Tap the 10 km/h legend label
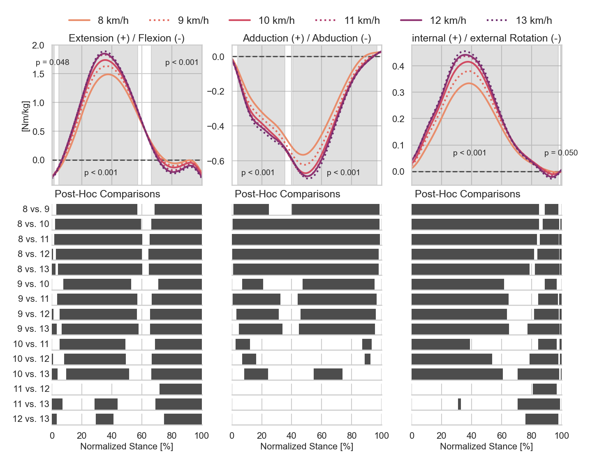coord(276,20)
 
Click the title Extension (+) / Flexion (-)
coord(127,38)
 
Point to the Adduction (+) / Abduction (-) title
coord(307,38)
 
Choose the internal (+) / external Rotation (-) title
coord(486,38)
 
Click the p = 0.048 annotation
coord(53,63)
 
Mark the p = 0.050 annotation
coord(561,153)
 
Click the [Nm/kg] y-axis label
coord(25,116)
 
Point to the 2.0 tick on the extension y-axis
coord(38,45)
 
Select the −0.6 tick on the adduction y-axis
coord(215,161)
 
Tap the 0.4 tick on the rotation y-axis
coord(398,66)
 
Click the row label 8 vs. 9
coord(36,209)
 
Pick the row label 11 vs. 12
coord(31,389)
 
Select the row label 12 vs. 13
coord(31,419)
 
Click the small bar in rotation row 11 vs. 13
coord(459,404)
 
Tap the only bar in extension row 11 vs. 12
coord(180,389)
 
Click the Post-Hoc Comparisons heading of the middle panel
coord(287,194)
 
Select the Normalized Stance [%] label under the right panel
coord(486,447)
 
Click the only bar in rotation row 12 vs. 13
coord(542,419)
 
